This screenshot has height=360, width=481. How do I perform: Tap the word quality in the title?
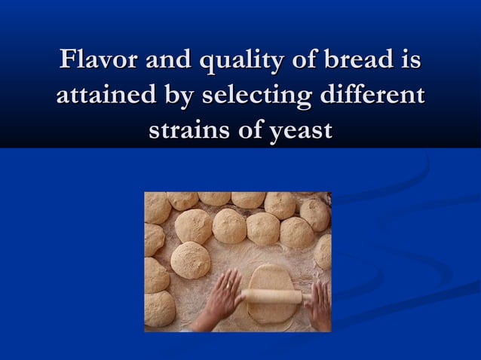point(219,61)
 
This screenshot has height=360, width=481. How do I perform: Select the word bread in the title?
point(354,59)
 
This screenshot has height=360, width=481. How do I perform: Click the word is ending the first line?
point(409,59)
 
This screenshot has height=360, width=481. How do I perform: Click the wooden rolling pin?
point(272,296)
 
